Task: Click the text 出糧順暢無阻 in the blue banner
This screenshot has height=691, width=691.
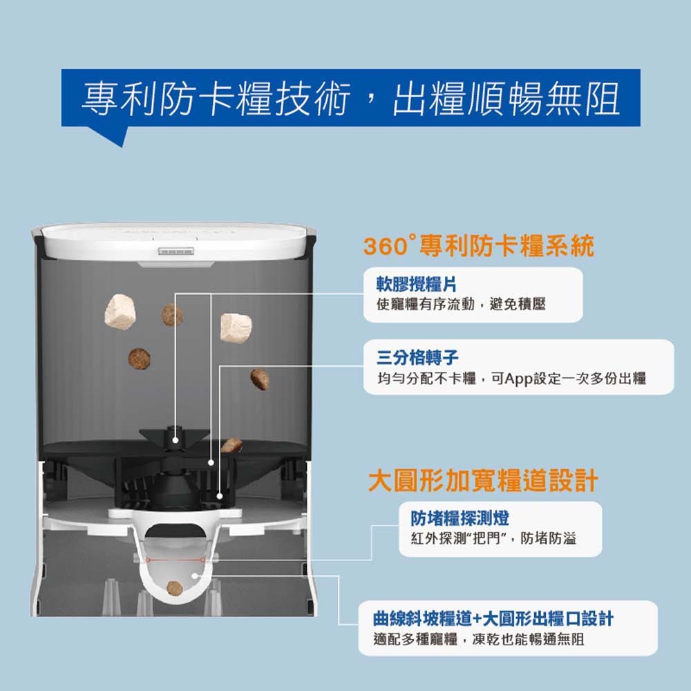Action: (x=506, y=99)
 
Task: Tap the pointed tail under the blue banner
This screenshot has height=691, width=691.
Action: (x=113, y=135)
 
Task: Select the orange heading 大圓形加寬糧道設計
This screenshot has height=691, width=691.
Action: (x=483, y=480)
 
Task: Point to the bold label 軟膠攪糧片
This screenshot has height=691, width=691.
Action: (x=416, y=284)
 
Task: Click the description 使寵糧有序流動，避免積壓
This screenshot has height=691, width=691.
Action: (x=461, y=304)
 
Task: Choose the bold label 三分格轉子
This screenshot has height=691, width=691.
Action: (x=417, y=357)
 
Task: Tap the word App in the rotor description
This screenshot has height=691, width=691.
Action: (x=518, y=379)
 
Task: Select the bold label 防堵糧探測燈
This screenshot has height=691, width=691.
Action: (x=460, y=518)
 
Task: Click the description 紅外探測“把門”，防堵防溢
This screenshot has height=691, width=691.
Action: (x=493, y=538)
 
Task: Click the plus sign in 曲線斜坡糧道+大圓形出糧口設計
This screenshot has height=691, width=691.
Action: (x=477, y=619)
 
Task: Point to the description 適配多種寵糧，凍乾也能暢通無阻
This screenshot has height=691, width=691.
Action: (x=479, y=638)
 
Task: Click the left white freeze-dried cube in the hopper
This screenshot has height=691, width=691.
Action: (x=120, y=312)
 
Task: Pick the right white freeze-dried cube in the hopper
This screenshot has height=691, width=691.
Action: (x=236, y=328)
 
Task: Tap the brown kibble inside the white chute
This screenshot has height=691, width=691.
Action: (x=175, y=588)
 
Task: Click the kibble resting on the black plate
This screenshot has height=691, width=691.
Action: (x=231, y=445)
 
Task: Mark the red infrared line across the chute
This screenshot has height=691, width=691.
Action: (x=176, y=560)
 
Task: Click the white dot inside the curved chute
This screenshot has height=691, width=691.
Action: (x=195, y=576)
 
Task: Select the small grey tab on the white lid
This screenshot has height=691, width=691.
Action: (x=176, y=252)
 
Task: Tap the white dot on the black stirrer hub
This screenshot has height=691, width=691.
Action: (x=176, y=440)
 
